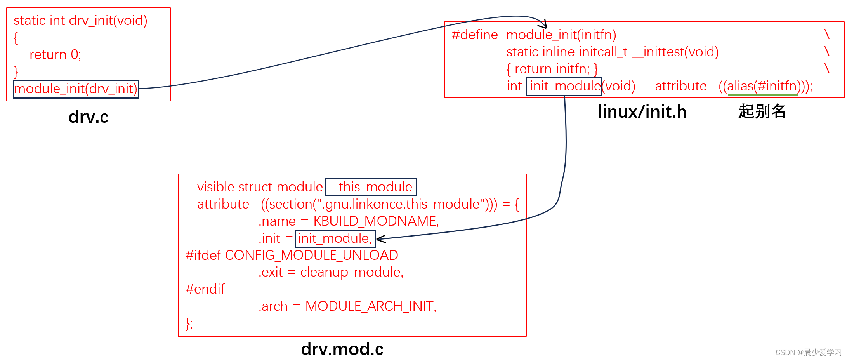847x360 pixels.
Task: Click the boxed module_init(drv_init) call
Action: coord(76,89)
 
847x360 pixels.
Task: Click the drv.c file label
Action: coord(89,117)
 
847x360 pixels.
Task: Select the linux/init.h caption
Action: coord(642,112)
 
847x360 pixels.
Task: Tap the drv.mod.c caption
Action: coord(342,349)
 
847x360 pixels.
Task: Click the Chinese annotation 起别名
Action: coord(762,111)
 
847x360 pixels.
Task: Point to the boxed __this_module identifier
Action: coord(370,187)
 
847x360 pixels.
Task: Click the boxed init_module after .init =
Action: coord(335,238)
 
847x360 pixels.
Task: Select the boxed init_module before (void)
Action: coord(564,86)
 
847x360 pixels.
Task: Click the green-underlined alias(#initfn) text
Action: coord(762,86)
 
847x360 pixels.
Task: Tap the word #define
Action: coord(475,35)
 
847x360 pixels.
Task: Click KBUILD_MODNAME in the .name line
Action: coord(375,221)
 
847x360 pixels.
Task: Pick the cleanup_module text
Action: coord(351,272)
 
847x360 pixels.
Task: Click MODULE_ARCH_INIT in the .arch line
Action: coord(370,306)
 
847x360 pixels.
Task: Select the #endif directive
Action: coord(205,289)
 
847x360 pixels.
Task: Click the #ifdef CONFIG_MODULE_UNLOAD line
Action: coord(292,256)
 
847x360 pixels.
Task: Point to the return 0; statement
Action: coord(55,55)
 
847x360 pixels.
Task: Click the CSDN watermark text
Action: coord(808,352)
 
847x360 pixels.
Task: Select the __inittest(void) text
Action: coord(675,52)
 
